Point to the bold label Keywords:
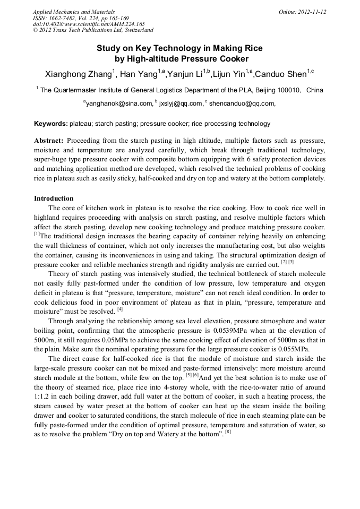50,124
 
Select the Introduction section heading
54,199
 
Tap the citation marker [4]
120,309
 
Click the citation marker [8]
228,432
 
